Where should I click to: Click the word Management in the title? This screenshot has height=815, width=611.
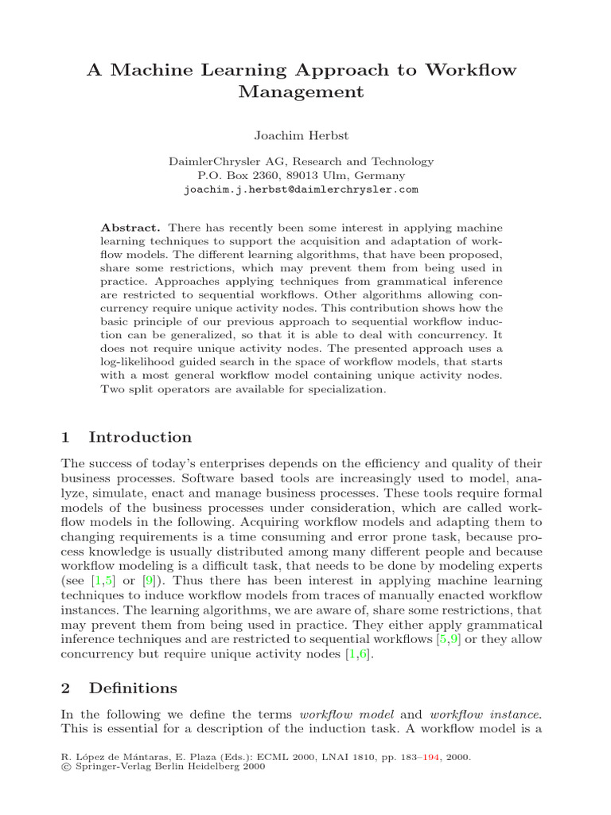(302, 92)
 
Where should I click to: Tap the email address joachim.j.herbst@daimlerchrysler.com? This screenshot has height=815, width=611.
(302, 190)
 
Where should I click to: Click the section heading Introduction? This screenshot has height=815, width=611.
(140, 437)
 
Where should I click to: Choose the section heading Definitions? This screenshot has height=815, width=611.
(133, 688)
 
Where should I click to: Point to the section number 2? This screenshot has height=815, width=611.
(66, 688)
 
